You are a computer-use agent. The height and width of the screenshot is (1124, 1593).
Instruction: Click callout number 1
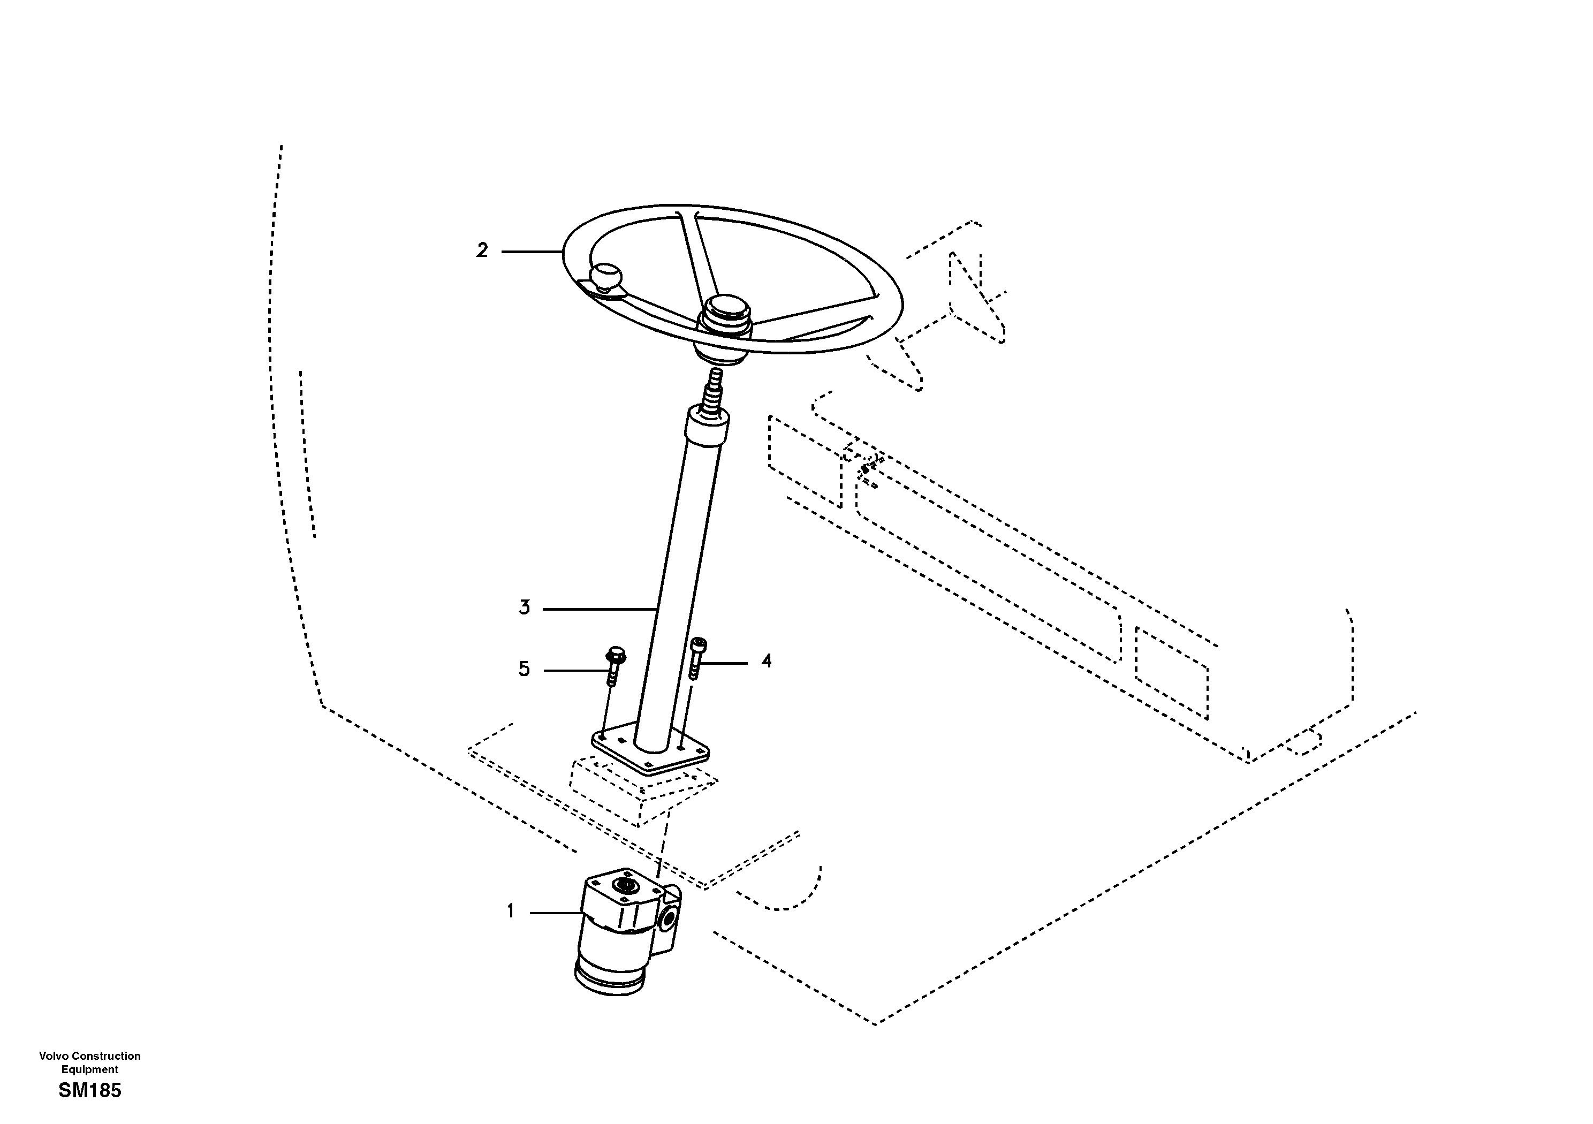511,911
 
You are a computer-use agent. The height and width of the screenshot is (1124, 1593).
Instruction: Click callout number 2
482,250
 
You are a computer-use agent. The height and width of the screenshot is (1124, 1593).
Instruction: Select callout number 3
525,608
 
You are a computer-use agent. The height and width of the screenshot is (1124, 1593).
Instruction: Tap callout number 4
766,661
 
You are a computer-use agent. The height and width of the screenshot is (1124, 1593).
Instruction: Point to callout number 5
524,670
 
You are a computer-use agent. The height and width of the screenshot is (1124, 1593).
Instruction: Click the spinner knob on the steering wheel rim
606,276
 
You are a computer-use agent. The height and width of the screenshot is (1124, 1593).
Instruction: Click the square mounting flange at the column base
650,749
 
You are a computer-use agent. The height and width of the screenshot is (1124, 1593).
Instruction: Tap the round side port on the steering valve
669,921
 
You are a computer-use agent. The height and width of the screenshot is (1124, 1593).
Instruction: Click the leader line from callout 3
600,609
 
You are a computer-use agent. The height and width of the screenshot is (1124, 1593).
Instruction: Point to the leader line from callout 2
532,251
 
